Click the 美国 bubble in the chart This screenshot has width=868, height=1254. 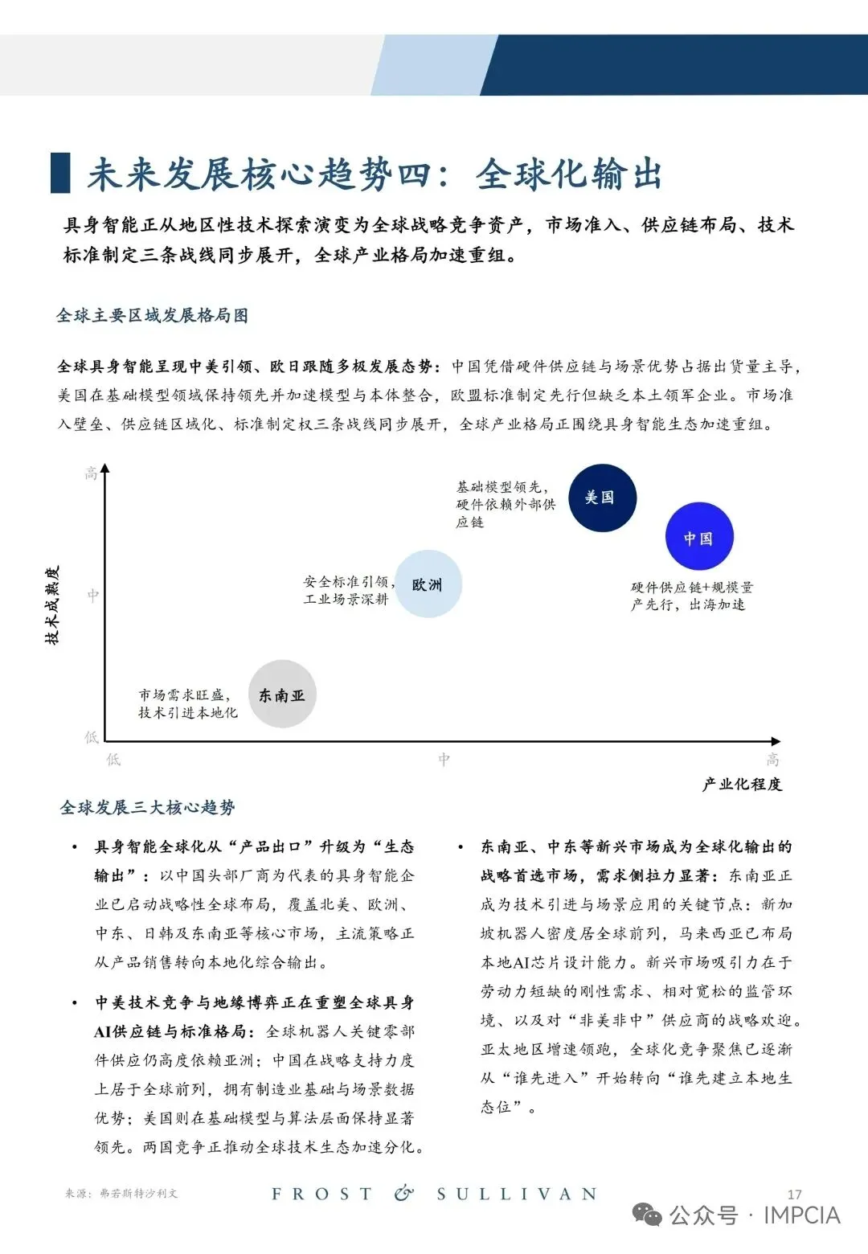(x=602, y=498)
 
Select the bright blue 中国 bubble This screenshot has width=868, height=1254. (x=699, y=536)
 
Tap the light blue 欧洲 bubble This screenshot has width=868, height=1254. (x=428, y=584)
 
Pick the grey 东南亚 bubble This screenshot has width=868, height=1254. (x=282, y=695)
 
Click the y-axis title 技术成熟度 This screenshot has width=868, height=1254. (x=52, y=605)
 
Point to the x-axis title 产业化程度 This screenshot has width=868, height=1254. (x=742, y=785)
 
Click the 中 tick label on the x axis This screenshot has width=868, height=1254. (x=444, y=759)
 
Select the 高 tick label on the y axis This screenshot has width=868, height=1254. (x=92, y=473)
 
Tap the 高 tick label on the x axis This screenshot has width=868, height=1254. (x=773, y=759)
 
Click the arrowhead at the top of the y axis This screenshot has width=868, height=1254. (x=105, y=469)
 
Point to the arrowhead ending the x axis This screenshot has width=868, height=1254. (x=776, y=741)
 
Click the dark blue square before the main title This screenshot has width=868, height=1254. (x=60, y=173)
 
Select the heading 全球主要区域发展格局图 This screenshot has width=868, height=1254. (x=152, y=315)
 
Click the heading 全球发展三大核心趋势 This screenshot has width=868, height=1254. (x=148, y=807)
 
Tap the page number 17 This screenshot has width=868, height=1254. (x=795, y=1194)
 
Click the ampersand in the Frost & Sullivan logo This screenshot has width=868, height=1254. (x=403, y=1193)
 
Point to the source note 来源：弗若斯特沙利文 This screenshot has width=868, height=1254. (x=121, y=1193)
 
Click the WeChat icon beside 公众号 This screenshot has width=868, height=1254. (x=648, y=1215)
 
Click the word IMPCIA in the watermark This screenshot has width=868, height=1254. (x=802, y=1215)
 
